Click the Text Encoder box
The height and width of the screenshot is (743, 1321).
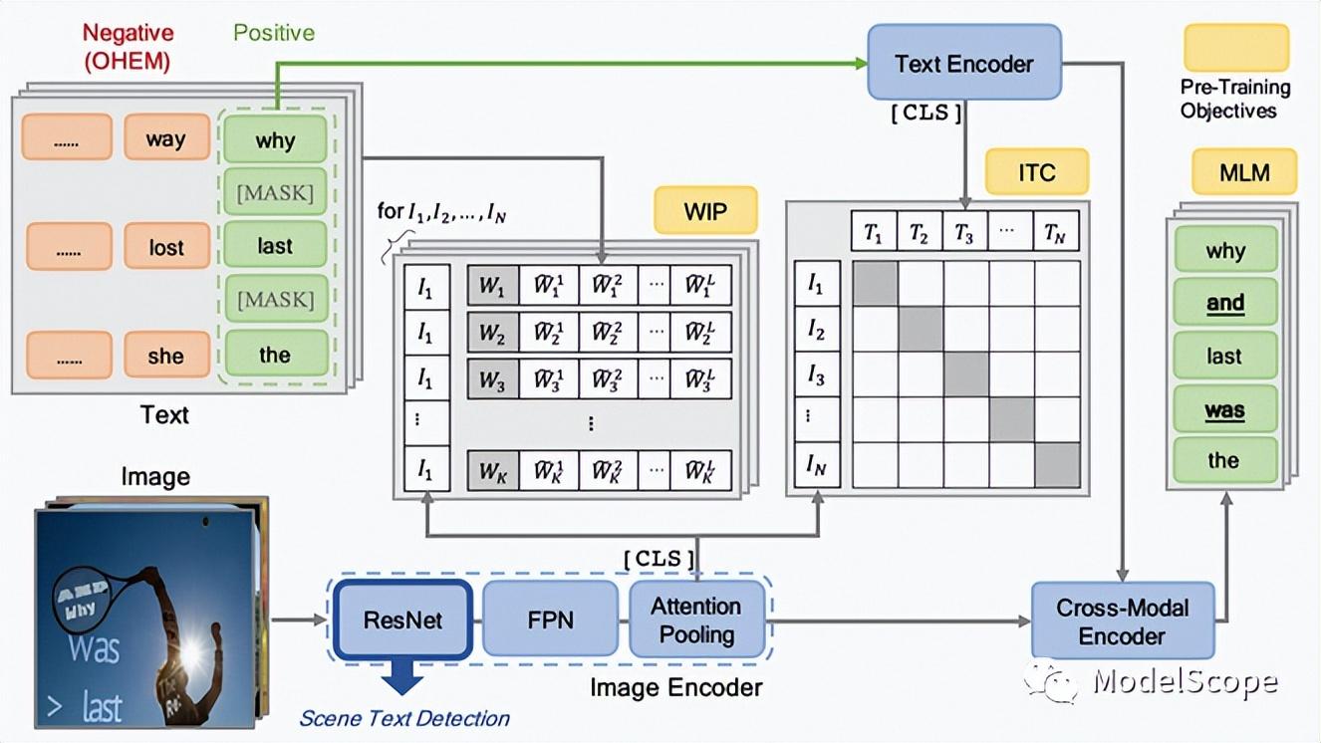click(x=963, y=64)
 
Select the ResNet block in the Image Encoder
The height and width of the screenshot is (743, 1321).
click(x=402, y=619)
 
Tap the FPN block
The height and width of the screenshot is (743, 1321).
click(x=550, y=619)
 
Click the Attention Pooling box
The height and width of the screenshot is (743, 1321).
click(x=696, y=619)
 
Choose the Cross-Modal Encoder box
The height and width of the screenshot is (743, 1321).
click(x=1122, y=620)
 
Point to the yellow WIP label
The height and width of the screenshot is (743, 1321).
click(x=705, y=211)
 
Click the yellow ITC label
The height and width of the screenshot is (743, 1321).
click(x=1036, y=172)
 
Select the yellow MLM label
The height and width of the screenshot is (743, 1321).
click(x=1244, y=172)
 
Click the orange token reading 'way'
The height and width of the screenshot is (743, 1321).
click(x=166, y=137)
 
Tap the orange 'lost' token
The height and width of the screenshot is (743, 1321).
click(x=166, y=246)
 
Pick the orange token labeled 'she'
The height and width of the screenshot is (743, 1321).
click(x=166, y=355)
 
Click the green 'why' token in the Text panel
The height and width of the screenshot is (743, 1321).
click(x=275, y=138)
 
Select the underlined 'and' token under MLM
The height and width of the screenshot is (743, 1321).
click(x=1225, y=303)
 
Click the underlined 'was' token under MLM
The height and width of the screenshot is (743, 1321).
click(x=1225, y=410)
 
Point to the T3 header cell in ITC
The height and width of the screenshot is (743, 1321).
click(x=965, y=232)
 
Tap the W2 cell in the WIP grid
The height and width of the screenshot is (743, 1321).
click(x=493, y=333)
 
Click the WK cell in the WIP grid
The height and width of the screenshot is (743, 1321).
click(x=493, y=470)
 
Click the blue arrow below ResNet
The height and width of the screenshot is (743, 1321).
click(x=401, y=678)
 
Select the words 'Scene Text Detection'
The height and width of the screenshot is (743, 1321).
click(x=404, y=718)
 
